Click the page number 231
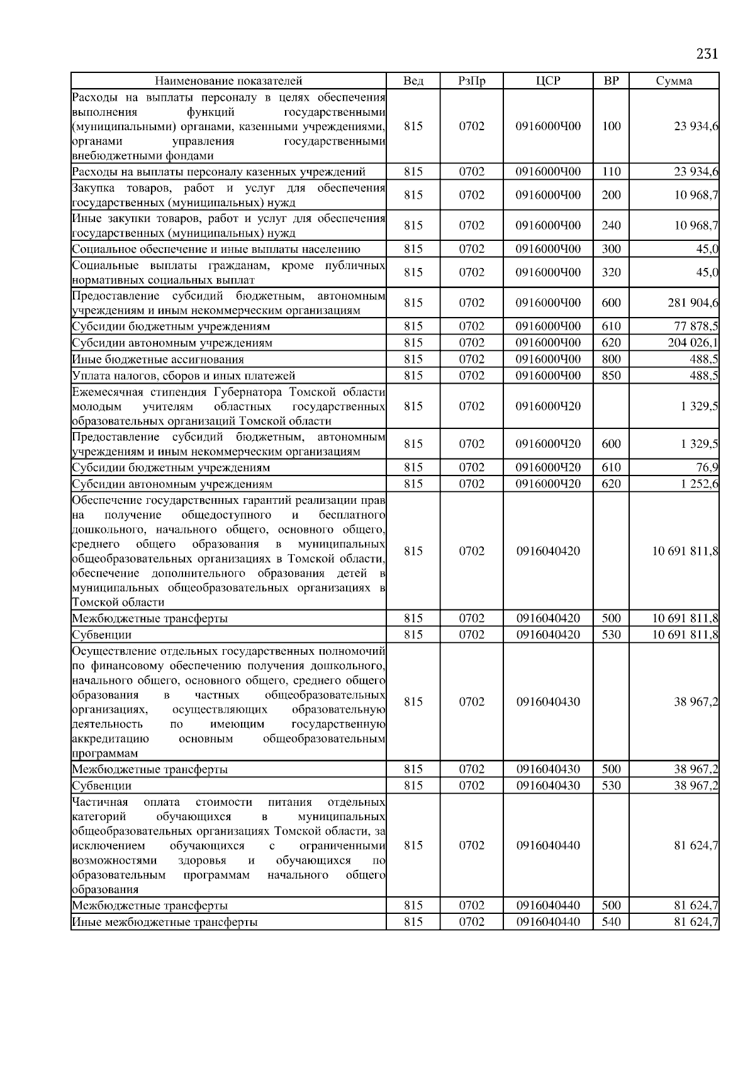point(707,53)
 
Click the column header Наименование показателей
point(228,81)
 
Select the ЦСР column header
point(548,81)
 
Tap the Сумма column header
point(674,81)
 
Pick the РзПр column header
point(471,81)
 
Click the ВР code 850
point(611,375)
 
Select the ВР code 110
point(611,172)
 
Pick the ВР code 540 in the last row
point(611,921)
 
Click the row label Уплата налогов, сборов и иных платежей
point(184,375)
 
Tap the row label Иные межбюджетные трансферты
point(165,921)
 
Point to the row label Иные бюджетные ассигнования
point(158,359)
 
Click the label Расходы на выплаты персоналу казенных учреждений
point(218,172)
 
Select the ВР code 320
point(611,272)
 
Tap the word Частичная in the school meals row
point(100,802)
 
